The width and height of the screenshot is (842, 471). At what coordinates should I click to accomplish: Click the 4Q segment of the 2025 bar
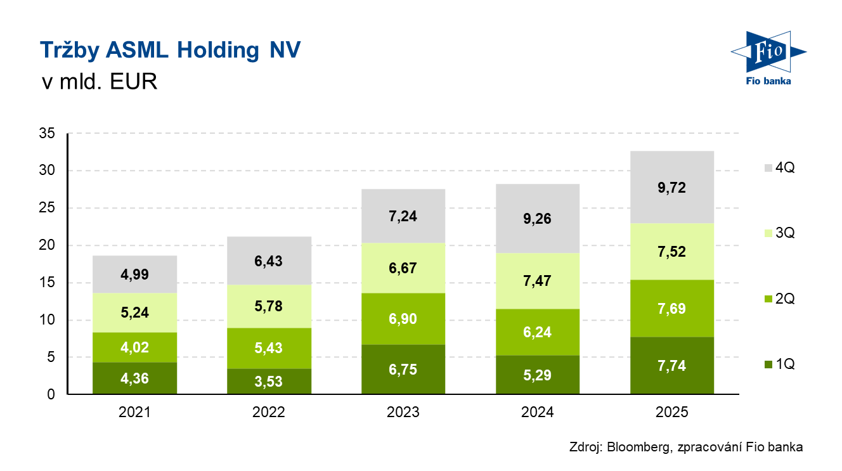[x=672, y=187]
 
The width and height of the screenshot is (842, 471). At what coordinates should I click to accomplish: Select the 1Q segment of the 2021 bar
[x=134, y=378]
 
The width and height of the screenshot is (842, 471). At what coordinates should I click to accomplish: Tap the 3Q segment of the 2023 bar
[x=403, y=268]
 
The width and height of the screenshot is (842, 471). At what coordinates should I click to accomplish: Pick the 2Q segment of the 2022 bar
[x=269, y=348]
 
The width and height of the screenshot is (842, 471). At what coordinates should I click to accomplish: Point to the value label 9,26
[x=538, y=219]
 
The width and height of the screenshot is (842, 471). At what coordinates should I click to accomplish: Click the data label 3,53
[x=269, y=381]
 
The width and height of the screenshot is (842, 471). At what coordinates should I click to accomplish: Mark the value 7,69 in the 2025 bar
[x=672, y=309]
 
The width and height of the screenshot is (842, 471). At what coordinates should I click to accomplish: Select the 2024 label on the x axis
[x=538, y=413]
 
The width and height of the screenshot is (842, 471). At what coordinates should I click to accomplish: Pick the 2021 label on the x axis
[x=134, y=413]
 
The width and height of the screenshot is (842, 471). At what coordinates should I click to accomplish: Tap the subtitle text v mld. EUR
[x=98, y=82]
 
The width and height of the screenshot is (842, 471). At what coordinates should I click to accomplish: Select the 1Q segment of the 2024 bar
[x=538, y=375]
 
